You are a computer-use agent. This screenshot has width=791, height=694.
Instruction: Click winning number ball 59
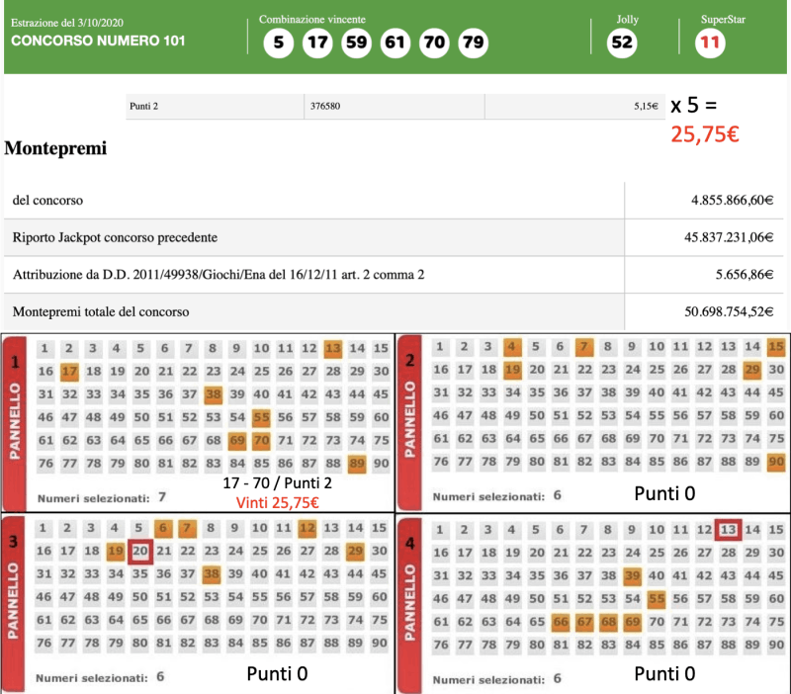pos(356,43)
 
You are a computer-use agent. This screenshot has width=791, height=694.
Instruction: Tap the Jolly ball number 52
pos(622,43)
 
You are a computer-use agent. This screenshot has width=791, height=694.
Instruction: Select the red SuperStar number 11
pos(709,43)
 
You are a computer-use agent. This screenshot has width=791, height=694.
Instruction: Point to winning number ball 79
pos(473,43)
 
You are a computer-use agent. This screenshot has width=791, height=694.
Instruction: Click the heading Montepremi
pos(55,149)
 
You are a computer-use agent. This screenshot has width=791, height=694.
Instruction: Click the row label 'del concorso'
pos(47,201)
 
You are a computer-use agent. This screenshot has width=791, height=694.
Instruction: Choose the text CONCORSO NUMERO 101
pos(98,42)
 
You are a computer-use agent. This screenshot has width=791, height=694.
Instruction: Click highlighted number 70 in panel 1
pos(261,439)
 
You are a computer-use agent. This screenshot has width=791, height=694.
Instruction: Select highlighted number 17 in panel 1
pos(68,371)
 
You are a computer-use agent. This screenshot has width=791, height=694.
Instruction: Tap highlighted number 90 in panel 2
pos(776,462)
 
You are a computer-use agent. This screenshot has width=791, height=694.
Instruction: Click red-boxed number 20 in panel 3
pos(140,550)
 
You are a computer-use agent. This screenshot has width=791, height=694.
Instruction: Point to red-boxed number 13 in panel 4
pos(729,529)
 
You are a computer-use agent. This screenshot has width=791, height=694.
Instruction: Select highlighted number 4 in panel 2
pos(511,347)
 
